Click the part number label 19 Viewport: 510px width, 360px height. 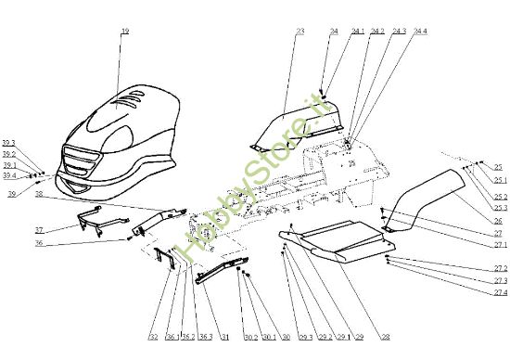click(x=124, y=32)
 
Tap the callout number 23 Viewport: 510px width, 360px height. click(x=300, y=32)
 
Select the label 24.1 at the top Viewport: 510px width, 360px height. click(x=354, y=32)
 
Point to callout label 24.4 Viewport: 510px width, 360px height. click(x=420, y=32)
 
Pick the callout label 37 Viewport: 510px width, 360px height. click(x=39, y=229)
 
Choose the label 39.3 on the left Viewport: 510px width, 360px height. click(x=9, y=143)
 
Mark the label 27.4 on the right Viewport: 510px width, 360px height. click(x=500, y=293)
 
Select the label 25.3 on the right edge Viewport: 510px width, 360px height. click(x=500, y=209)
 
